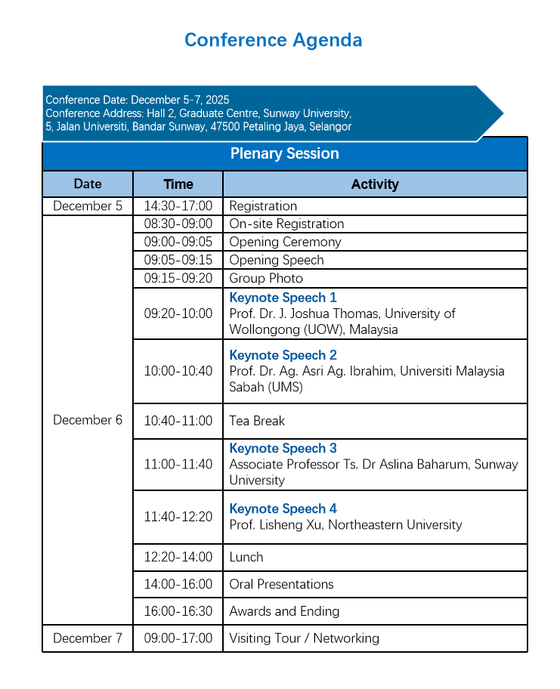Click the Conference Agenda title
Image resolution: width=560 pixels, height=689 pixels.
click(273, 40)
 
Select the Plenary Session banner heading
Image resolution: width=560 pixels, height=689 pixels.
click(284, 154)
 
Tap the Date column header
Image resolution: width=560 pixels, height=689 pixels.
click(88, 184)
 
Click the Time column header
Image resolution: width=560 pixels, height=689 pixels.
click(178, 184)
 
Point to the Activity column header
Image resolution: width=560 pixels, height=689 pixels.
click(375, 184)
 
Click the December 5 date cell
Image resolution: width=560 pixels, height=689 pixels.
click(88, 206)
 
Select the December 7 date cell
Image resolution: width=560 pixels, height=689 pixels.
click(88, 638)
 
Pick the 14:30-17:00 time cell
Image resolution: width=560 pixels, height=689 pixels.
click(178, 206)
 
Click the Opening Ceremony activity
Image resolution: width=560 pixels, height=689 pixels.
click(285, 243)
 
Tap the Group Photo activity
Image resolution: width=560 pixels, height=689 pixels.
click(266, 279)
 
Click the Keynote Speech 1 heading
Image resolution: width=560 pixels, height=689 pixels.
click(283, 298)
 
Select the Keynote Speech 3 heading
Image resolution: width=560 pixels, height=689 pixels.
click(283, 449)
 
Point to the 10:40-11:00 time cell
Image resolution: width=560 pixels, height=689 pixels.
click(178, 421)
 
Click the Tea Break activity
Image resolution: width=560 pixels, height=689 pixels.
click(257, 421)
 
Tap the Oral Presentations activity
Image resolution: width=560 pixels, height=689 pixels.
click(281, 585)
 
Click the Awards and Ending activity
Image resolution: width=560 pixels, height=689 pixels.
click(284, 612)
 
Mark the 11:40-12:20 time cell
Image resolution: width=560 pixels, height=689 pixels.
click(178, 518)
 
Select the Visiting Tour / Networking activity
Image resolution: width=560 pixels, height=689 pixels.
click(304, 638)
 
